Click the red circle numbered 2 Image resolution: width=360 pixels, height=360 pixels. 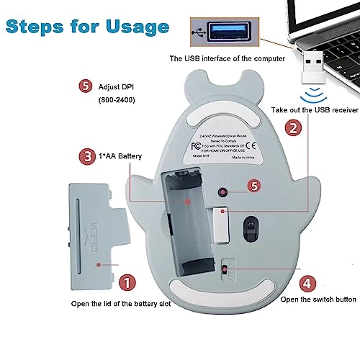pyautogui.click(x=293, y=127)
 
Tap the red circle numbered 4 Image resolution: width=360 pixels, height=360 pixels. pyautogui.click(x=306, y=282)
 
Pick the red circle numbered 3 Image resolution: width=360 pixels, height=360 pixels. pyautogui.click(x=86, y=156)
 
